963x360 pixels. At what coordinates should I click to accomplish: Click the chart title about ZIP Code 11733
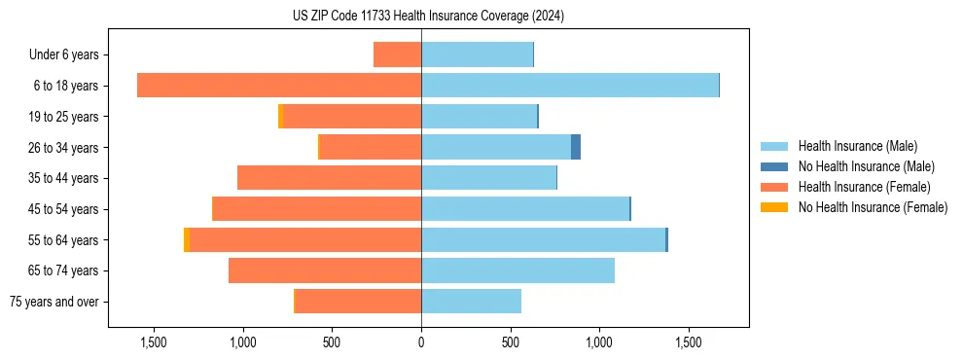[x=428, y=16]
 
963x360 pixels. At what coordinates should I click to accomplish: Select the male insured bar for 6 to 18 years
[x=569, y=86]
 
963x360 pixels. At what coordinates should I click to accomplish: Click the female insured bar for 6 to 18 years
[x=279, y=86]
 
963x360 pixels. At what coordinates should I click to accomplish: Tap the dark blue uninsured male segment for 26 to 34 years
[x=576, y=147]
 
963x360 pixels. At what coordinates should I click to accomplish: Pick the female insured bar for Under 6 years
[x=397, y=54]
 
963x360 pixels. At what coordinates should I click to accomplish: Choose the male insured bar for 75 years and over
[x=471, y=302]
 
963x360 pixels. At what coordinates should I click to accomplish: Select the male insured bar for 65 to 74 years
[x=517, y=270]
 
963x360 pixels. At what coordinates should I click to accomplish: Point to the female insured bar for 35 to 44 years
[x=329, y=178]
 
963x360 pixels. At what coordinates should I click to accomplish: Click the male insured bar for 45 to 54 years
[x=525, y=209]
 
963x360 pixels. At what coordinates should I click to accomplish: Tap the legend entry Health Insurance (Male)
[x=857, y=146]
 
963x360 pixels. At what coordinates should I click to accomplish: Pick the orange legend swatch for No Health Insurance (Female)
[x=775, y=207]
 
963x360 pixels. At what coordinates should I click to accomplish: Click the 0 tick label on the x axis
[x=421, y=342]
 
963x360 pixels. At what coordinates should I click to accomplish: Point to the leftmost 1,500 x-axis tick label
[x=154, y=342]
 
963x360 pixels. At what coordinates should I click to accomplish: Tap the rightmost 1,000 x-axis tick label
[x=599, y=342]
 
